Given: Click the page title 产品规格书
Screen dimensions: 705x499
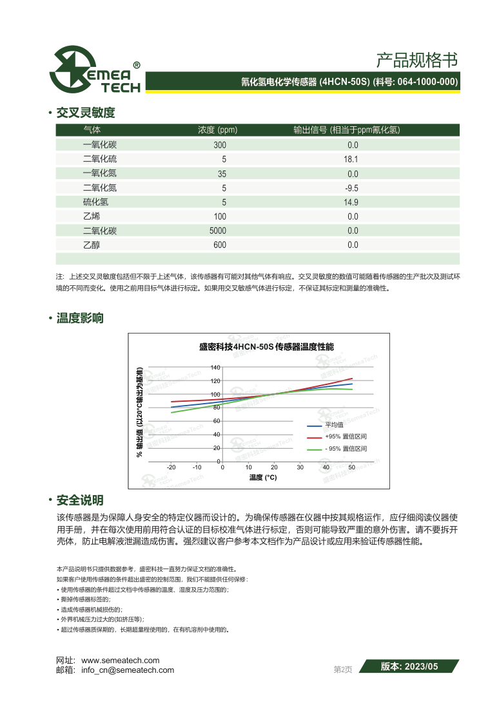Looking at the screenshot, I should (416, 61).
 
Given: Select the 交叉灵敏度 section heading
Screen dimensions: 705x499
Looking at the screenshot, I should (86, 113).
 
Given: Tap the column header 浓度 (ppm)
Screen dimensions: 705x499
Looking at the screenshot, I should (217, 129).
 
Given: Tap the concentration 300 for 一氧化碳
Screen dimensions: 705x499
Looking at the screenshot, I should (220, 145).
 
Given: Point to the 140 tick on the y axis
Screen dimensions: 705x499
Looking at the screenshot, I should (215, 368).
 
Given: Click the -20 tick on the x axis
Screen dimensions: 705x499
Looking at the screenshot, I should (171, 467).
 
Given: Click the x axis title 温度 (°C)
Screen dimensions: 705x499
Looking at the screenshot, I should (263, 477).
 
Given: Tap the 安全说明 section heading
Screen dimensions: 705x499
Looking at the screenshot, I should (80, 500).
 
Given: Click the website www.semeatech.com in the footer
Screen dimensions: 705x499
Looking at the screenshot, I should (120, 661).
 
